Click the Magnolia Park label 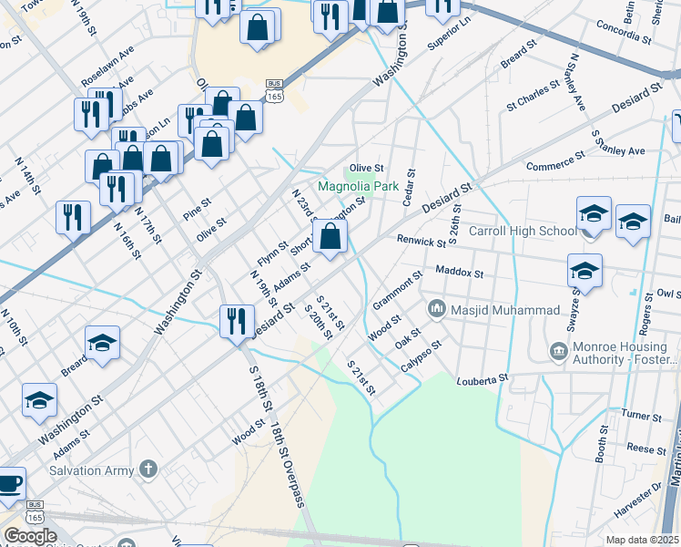pos(358,186)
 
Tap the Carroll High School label pos(523,231)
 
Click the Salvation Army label pos(90,470)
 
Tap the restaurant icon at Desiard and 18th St pos(237,322)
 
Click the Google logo pos(29,536)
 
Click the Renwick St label pos(421,242)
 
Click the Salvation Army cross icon pos(149,470)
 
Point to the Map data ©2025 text pos(642,540)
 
